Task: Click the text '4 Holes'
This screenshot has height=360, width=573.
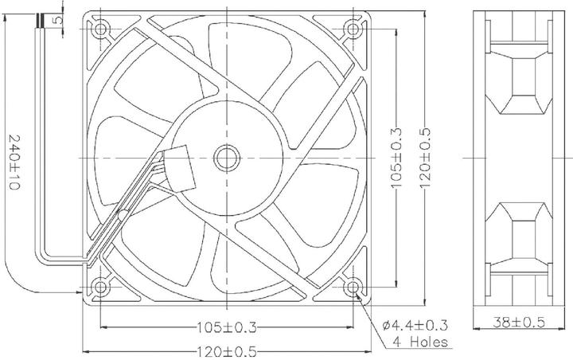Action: point(419,342)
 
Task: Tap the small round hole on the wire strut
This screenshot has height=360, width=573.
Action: point(123,214)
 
